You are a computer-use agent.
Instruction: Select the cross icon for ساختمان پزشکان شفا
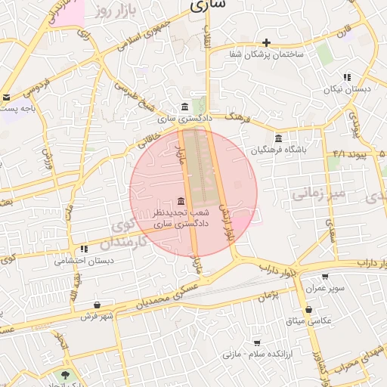click(x=265, y=42)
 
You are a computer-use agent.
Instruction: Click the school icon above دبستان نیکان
click(x=347, y=76)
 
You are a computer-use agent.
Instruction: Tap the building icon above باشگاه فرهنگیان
click(x=279, y=138)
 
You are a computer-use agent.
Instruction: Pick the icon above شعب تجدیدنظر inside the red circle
click(x=181, y=201)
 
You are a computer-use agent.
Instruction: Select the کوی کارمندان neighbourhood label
click(x=125, y=235)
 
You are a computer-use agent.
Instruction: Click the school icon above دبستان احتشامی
click(x=84, y=248)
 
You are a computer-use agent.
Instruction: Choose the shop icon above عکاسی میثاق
click(x=308, y=310)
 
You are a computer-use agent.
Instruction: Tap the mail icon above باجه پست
click(x=6, y=97)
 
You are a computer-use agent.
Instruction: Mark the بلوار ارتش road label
click(x=224, y=220)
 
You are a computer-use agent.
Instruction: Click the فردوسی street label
click(x=36, y=86)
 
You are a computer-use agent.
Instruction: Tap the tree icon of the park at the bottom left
click(x=66, y=376)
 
